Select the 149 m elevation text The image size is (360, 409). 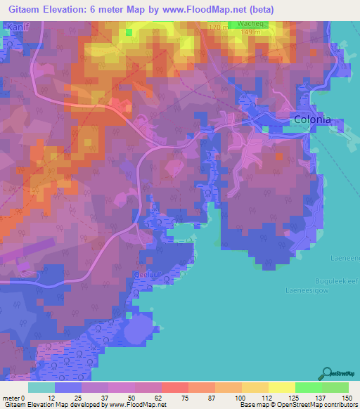[250, 32]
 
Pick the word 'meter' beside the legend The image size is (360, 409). [11, 398]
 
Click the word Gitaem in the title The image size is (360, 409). [20, 9]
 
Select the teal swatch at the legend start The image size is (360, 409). [41, 387]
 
